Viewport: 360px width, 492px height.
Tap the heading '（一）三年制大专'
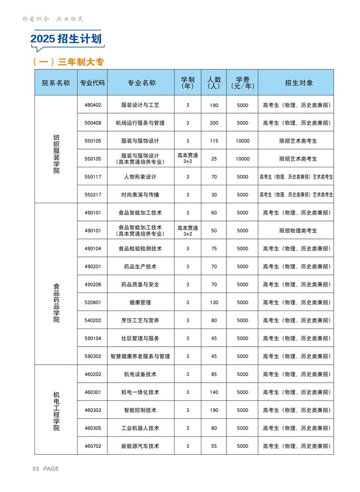[x=68, y=62]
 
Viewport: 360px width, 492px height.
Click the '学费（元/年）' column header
[x=242, y=83]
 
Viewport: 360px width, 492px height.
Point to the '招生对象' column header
[x=295, y=83]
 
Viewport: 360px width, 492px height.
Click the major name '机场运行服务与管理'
[x=141, y=123]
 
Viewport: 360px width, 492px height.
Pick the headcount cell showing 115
[x=214, y=141]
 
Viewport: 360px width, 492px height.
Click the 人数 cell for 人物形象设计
[x=214, y=177]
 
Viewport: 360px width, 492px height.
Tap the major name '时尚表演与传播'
[x=141, y=195]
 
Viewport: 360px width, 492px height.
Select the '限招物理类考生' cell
[x=295, y=231]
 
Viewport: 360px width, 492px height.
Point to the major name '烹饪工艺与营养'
[x=141, y=320]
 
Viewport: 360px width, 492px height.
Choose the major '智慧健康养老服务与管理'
[x=141, y=356]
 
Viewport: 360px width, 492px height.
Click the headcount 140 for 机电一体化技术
[x=214, y=393]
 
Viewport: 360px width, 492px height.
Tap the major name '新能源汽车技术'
[x=141, y=446]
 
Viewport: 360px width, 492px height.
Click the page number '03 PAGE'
[x=46, y=469]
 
